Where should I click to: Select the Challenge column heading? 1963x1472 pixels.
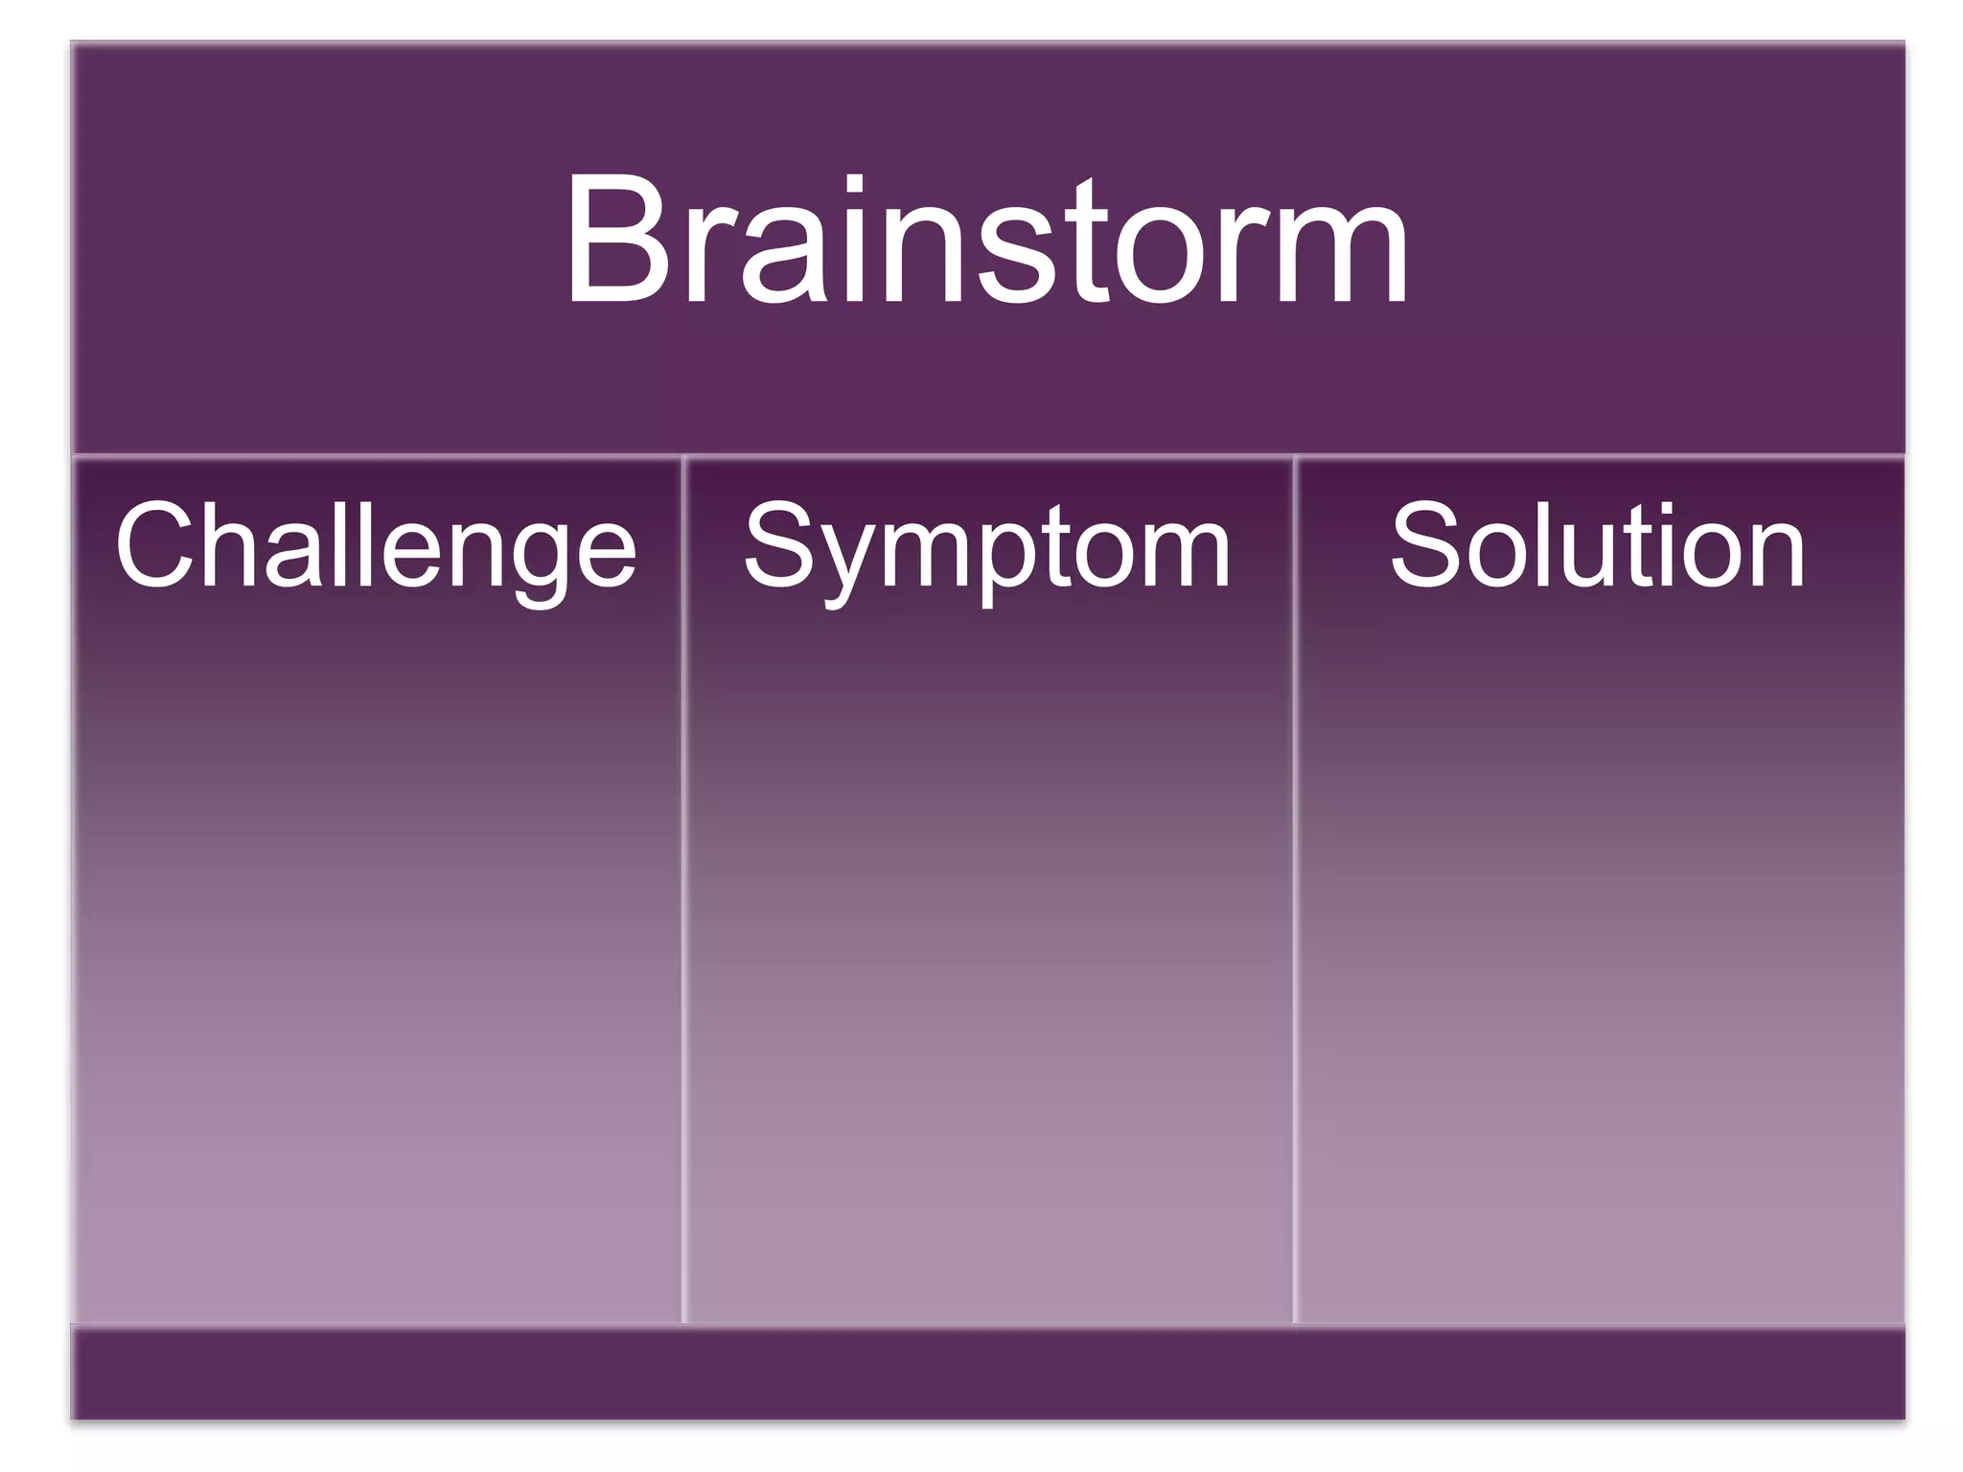point(376,546)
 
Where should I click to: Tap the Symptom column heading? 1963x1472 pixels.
point(987,546)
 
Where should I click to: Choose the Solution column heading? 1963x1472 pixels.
point(1598,546)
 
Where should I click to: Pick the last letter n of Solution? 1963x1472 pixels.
point(1775,556)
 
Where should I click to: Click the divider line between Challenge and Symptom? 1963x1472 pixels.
point(683,891)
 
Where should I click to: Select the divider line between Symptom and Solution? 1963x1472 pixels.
point(1294,891)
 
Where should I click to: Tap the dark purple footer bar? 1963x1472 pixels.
point(987,1372)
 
